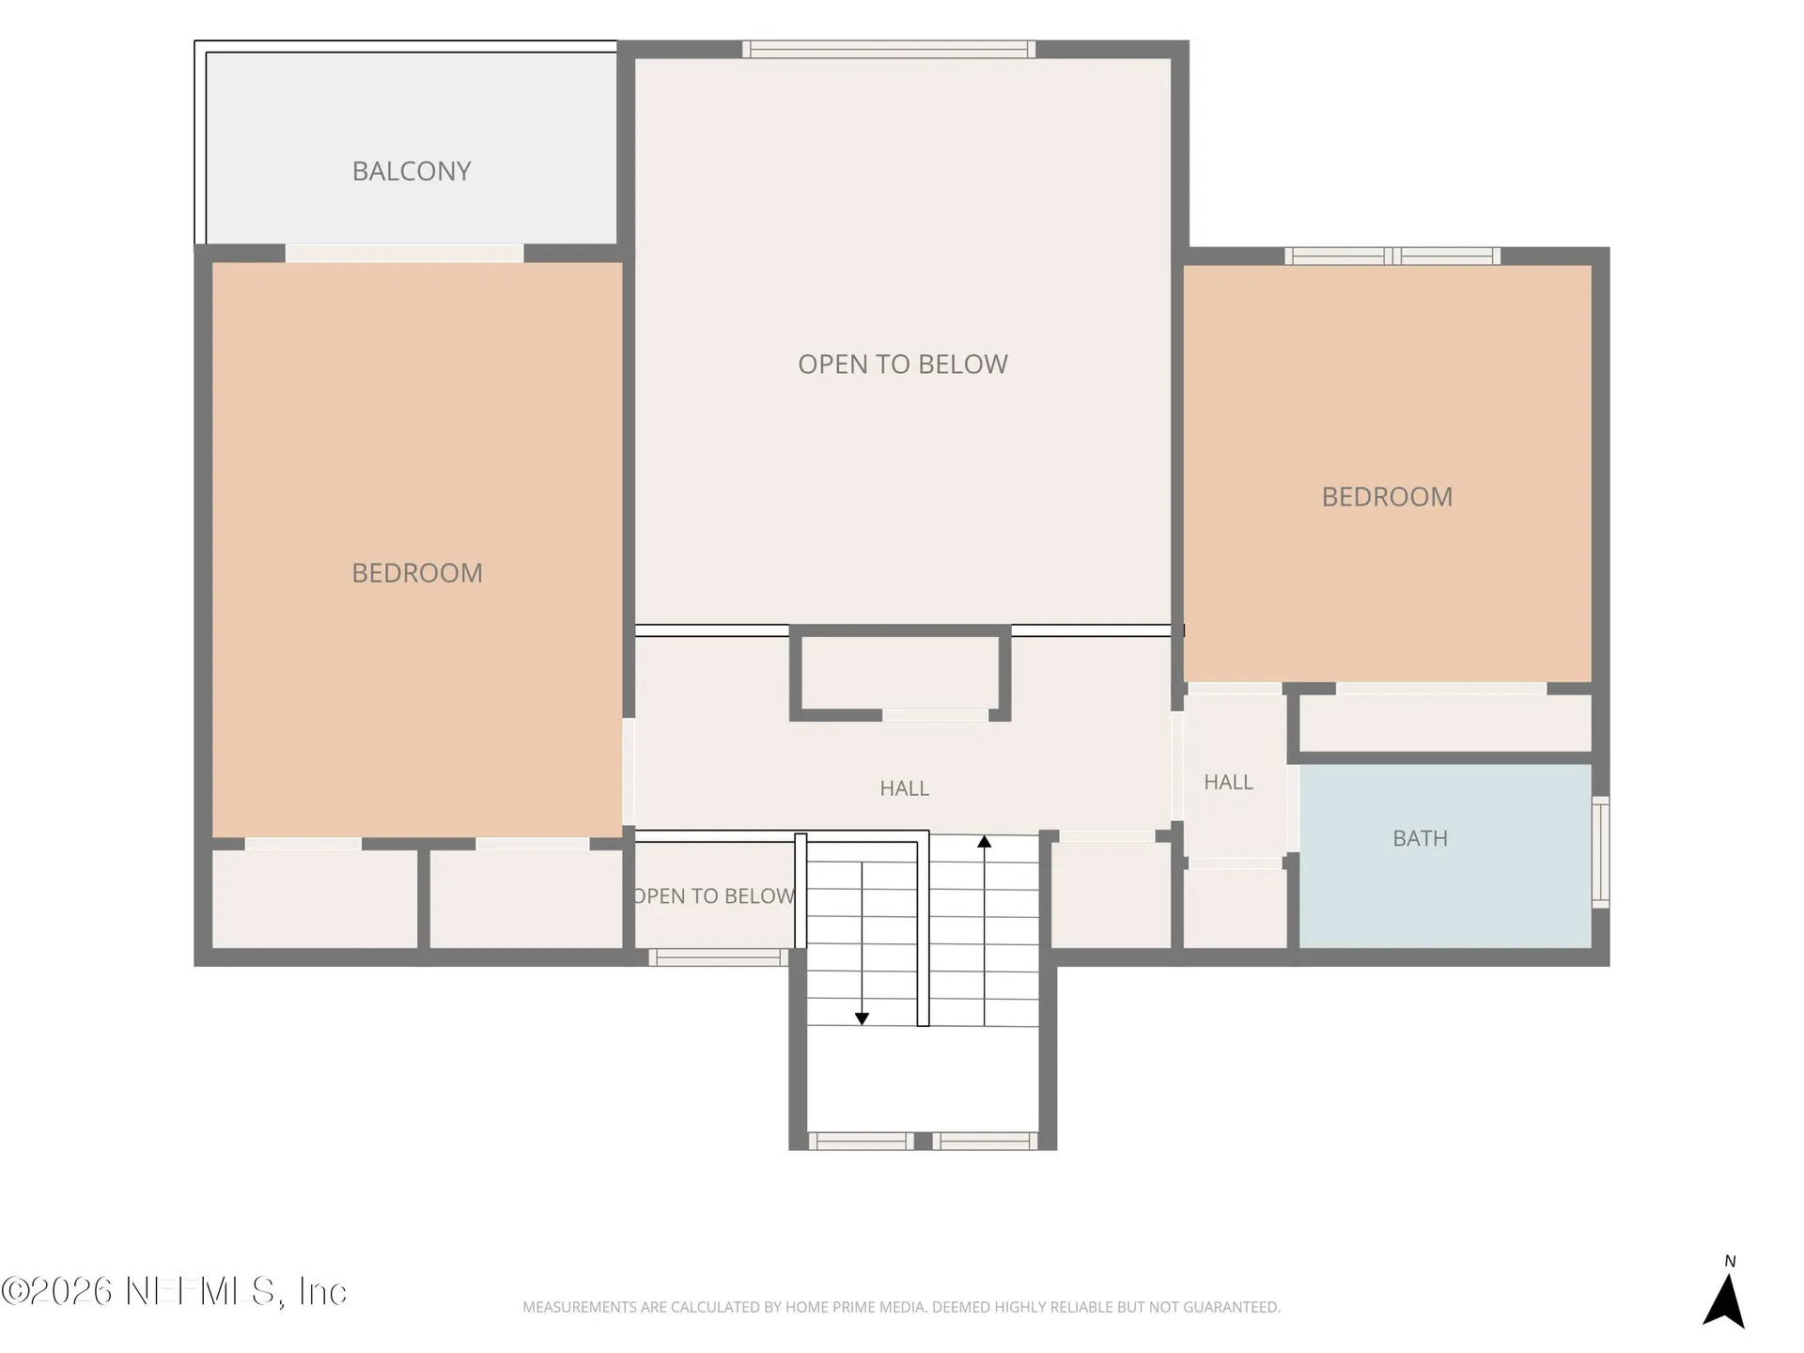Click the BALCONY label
pos(412,171)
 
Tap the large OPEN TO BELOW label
pos(903,365)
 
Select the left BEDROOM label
pos(417,573)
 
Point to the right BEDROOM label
pos(1387,497)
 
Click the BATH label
pos(1420,838)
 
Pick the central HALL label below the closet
pos(905,788)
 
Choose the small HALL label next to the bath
pos(1229,782)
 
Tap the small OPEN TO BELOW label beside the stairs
pos(714,896)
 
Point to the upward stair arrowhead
pos(984,842)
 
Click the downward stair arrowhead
pos(862,1019)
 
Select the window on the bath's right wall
pos(1600,852)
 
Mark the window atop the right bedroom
pos(1392,256)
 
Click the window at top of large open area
pos(889,49)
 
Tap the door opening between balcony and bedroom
pos(404,254)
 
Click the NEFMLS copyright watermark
pos(174,1291)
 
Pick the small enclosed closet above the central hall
pos(899,673)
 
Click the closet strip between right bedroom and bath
pos(1445,723)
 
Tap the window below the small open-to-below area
pos(718,957)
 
